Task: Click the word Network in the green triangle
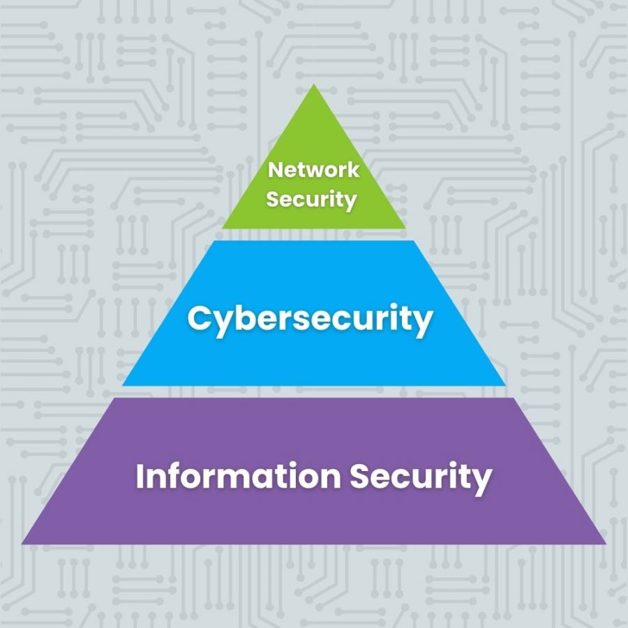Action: [x=313, y=170]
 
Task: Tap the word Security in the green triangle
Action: [x=311, y=200]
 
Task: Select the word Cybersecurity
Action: [x=310, y=320]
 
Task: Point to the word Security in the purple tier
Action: [x=421, y=478]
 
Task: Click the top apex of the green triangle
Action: [x=314, y=84]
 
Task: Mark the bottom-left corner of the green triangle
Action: [x=223, y=228]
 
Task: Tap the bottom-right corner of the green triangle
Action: [x=405, y=228]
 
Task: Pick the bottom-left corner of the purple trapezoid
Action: [x=22, y=544]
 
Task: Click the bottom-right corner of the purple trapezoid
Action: [x=606, y=544]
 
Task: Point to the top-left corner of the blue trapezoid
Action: [x=215, y=241]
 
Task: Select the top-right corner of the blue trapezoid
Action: [x=413, y=241]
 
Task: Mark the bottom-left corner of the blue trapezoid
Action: [x=122, y=386]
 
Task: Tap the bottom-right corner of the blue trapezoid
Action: [x=506, y=386]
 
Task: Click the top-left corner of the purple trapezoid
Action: [x=114, y=398]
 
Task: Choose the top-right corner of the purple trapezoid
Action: [x=514, y=398]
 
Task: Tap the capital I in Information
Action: [x=140, y=476]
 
